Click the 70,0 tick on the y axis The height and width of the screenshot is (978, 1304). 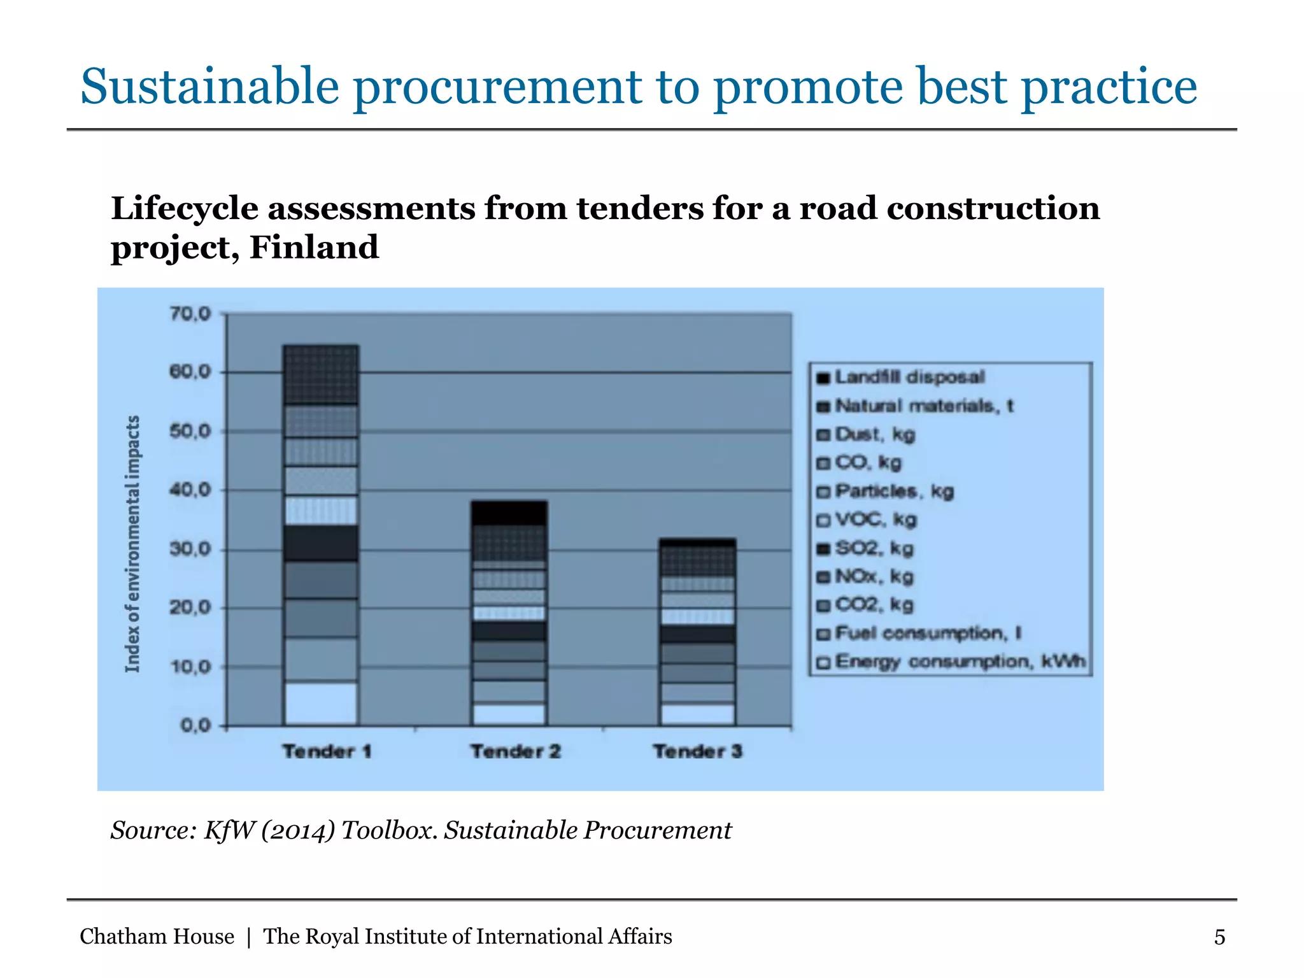pyautogui.click(x=190, y=314)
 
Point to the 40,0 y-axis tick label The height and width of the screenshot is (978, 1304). pyautogui.click(x=190, y=490)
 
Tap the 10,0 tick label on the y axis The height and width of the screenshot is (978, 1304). pyautogui.click(x=190, y=667)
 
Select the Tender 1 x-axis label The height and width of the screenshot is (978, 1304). pyautogui.click(x=327, y=751)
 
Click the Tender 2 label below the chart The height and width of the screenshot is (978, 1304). pyautogui.click(x=515, y=751)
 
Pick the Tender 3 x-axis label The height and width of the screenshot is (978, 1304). pyautogui.click(x=698, y=751)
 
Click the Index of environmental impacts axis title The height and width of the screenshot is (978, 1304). pyautogui.click(x=132, y=544)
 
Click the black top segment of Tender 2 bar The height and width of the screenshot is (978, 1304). pyautogui.click(x=509, y=513)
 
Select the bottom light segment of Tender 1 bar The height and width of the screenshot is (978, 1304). pyautogui.click(x=321, y=704)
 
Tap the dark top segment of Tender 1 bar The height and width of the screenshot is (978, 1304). pyautogui.click(x=321, y=375)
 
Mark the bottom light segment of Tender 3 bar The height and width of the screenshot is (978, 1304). pyautogui.click(x=698, y=714)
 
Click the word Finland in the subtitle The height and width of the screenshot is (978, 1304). pyautogui.click(x=314, y=247)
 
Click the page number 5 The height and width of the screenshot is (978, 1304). pyautogui.click(x=1219, y=937)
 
